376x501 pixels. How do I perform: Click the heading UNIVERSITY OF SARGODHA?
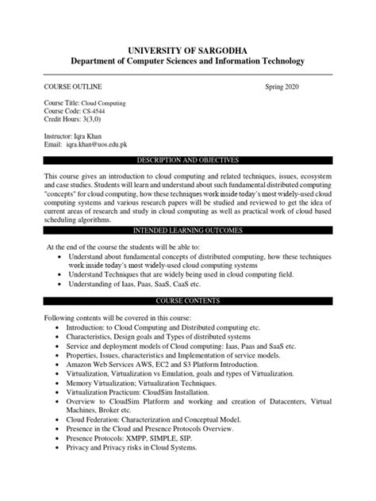[188, 47]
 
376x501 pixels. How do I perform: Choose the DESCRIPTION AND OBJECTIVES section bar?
[188, 159]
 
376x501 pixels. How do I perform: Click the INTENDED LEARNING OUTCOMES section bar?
[188, 230]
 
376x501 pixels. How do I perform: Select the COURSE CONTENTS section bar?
[188, 300]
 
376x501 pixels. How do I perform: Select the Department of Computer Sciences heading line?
[188, 61]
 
